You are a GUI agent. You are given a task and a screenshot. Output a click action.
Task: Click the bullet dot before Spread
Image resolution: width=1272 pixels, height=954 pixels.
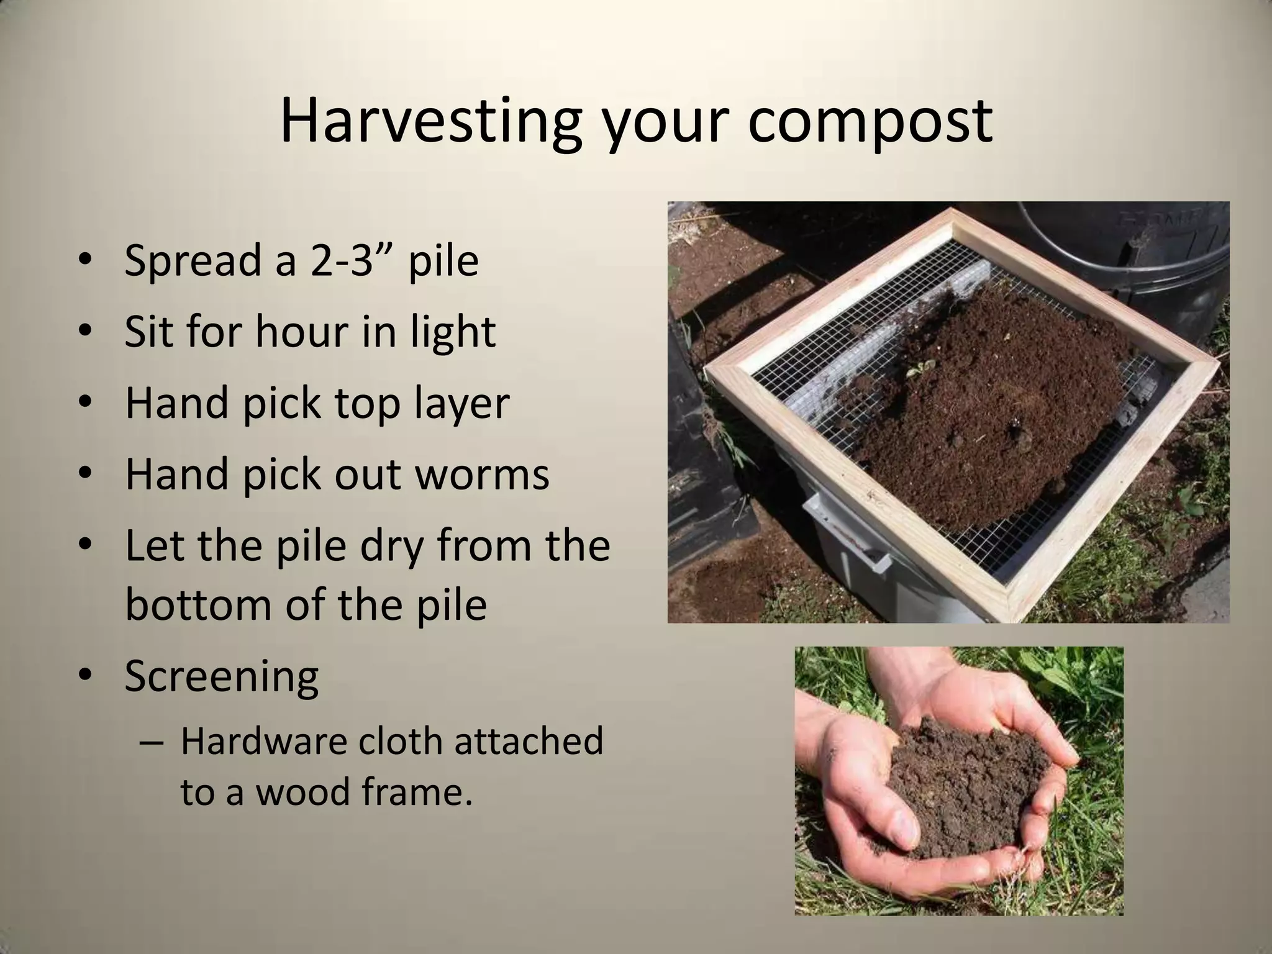tap(86, 261)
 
